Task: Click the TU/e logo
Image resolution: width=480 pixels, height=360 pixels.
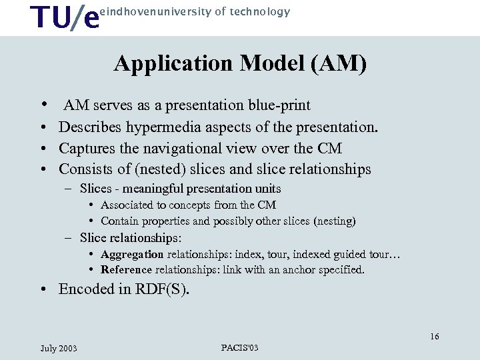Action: coord(66,18)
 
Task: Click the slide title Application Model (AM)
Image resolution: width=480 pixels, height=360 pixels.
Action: coord(240,64)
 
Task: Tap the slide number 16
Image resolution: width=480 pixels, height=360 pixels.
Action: coord(435,337)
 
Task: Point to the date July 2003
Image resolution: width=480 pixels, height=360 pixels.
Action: coord(59,348)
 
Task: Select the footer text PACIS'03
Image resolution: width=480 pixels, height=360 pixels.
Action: coord(240,347)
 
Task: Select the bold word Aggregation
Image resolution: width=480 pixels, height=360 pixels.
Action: coord(132,254)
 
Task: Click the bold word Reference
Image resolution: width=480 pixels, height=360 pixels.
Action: coord(127,270)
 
